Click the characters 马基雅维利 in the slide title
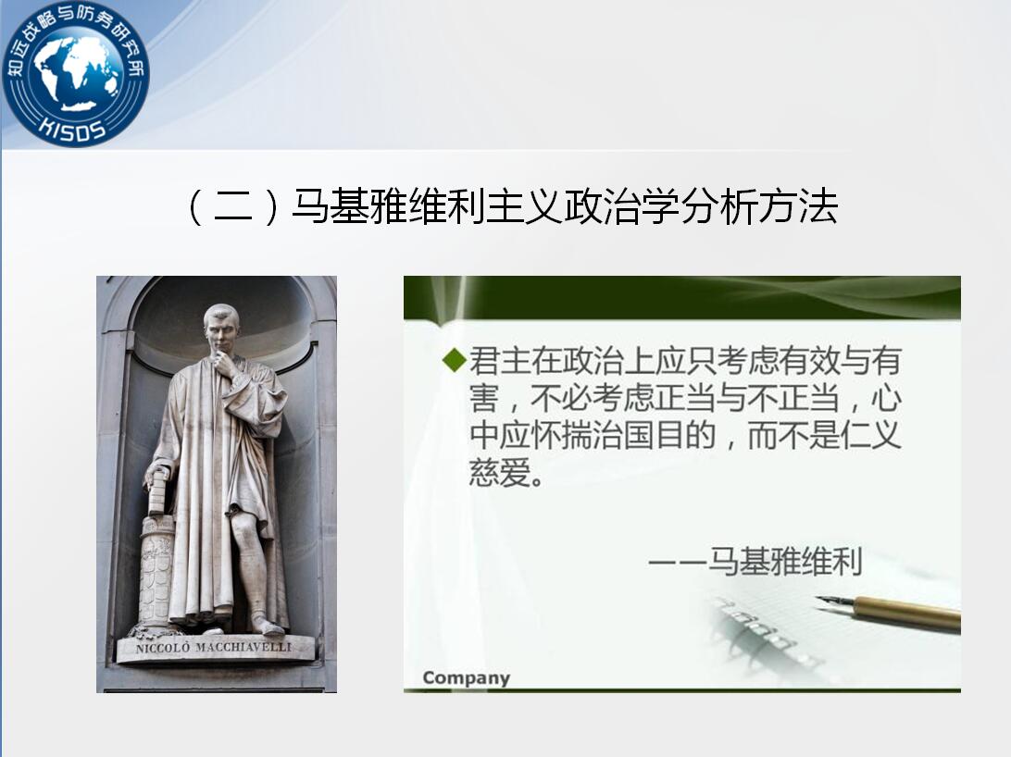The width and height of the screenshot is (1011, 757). (388, 206)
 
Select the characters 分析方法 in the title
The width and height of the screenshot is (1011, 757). (759, 206)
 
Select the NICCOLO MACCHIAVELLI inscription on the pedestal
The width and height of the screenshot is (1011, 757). (214, 647)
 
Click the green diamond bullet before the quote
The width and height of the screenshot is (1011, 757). (455, 359)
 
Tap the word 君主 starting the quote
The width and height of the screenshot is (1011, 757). (500, 361)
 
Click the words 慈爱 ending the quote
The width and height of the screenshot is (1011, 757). (500, 472)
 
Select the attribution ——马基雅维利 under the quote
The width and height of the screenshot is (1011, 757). (755, 561)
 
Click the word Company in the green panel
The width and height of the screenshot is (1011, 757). (467, 677)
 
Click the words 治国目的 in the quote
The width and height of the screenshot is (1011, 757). (654, 435)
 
